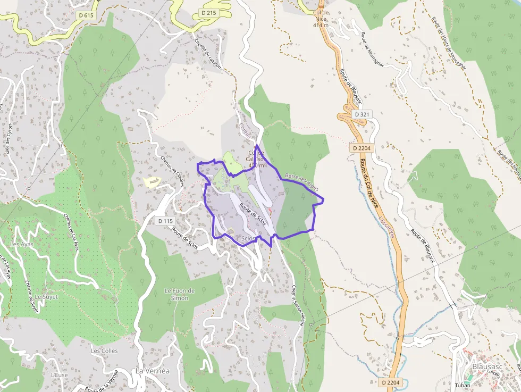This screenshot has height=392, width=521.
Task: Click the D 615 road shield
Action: (x=86, y=15)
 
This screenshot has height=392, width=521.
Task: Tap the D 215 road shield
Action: (x=209, y=12)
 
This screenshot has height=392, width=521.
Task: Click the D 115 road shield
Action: (x=166, y=220)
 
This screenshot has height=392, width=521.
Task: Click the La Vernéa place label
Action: (x=152, y=370)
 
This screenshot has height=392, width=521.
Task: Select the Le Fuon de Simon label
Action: (x=180, y=294)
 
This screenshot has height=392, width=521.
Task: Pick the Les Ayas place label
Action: (x=21, y=244)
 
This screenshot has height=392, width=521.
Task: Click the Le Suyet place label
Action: (x=46, y=296)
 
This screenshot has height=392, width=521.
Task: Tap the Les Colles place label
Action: (x=103, y=351)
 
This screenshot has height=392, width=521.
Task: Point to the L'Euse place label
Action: (x=60, y=374)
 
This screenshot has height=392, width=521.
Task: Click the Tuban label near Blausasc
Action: (x=463, y=385)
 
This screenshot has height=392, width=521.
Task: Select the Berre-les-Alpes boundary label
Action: (x=302, y=182)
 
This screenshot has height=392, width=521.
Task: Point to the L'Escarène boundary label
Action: (x=386, y=228)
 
